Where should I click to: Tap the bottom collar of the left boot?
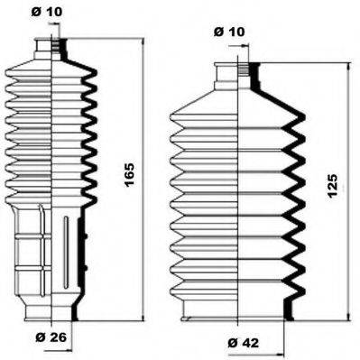pos(54,312)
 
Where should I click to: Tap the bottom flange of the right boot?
pos(240,313)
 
